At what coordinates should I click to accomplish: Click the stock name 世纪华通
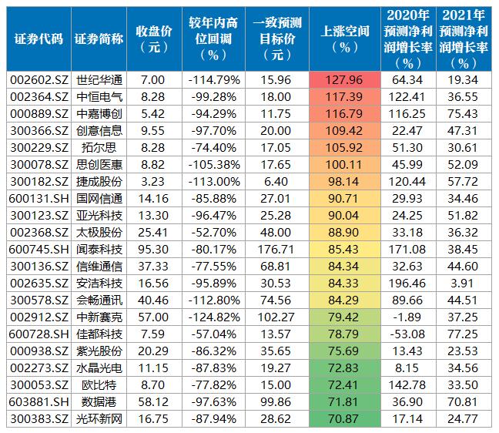click(99, 80)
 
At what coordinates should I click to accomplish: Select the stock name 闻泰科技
click(99, 250)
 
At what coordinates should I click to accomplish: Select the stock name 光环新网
click(99, 419)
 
